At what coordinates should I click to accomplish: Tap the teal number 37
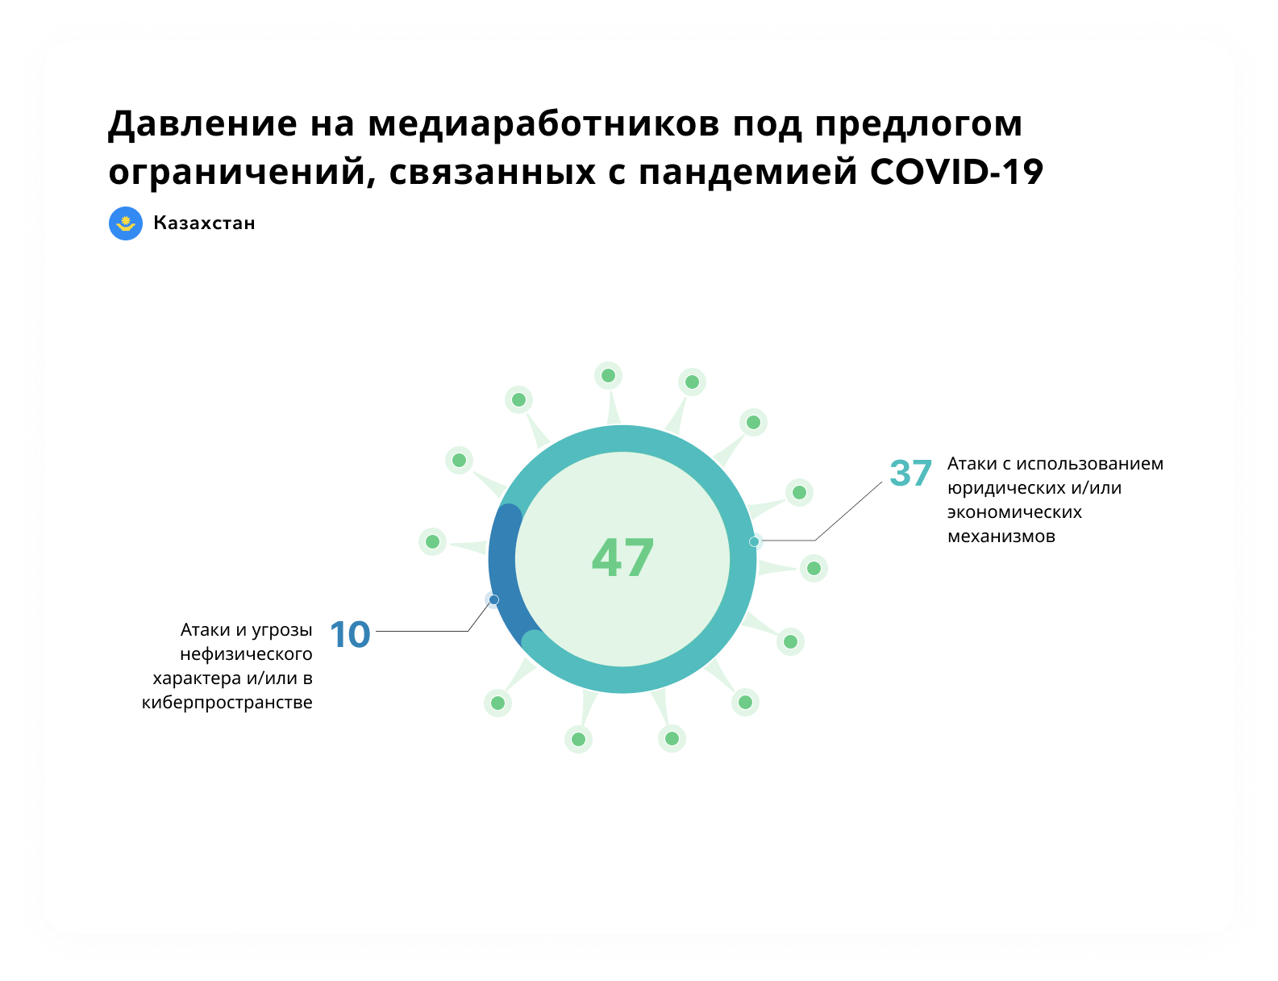910,473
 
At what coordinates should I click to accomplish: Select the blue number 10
349,634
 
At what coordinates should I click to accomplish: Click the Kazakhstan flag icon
125,223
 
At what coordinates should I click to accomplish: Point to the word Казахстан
204,223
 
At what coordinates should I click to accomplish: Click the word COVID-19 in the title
955,172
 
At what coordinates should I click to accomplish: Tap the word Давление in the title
202,124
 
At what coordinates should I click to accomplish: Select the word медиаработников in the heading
543,124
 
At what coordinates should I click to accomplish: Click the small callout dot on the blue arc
493,599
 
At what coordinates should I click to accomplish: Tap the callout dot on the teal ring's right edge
753,541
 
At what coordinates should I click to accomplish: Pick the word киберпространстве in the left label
227,703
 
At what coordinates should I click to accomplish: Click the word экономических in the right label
1014,512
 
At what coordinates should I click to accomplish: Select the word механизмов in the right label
1001,536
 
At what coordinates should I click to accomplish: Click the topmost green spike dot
608,375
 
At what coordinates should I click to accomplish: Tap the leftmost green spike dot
432,541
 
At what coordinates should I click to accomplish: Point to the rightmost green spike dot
814,568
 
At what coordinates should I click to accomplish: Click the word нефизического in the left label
246,654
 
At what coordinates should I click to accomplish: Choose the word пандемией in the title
747,173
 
